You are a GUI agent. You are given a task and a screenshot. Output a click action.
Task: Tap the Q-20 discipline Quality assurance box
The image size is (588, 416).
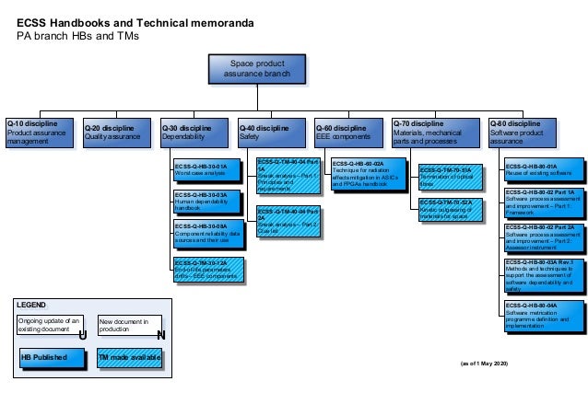113,133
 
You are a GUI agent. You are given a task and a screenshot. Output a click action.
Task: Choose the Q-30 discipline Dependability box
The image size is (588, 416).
191,133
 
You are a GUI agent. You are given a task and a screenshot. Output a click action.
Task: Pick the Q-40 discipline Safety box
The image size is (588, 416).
268,133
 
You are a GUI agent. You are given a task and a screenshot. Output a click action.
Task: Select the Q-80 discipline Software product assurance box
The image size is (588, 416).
521,133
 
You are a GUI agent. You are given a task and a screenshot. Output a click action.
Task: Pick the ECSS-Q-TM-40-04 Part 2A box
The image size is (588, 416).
288,221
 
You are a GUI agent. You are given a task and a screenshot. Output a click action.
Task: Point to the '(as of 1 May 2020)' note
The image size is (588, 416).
483,365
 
